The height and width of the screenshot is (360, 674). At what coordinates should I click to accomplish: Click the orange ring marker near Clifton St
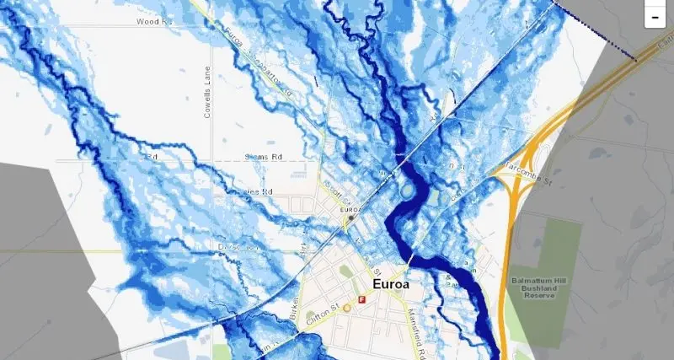(x=346, y=309)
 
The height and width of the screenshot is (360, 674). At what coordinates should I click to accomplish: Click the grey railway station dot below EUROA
(x=350, y=218)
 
